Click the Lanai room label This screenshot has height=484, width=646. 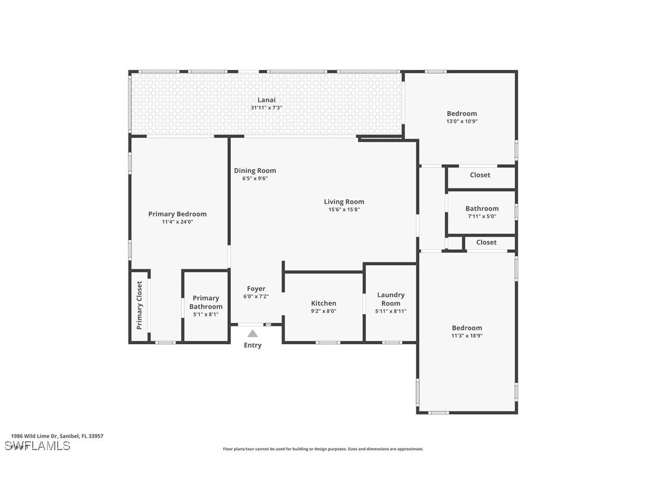[x=266, y=100]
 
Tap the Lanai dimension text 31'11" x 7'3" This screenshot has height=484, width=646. [x=266, y=108]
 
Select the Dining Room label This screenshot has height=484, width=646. [x=255, y=171]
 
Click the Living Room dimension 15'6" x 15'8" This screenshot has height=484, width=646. [x=344, y=209]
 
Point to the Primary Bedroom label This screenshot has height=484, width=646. [x=177, y=214]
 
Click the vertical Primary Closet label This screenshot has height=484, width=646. [x=140, y=305]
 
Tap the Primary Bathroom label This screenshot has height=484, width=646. [x=206, y=302]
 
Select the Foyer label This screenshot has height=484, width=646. [x=256, y=288]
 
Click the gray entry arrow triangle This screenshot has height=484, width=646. [x=253, y=334]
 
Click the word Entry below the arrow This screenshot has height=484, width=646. [x=253, y=345]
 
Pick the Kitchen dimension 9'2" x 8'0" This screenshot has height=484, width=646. [x=324, y=311]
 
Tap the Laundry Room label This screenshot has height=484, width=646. [x=391, y=298]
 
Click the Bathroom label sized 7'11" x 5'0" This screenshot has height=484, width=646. [x=482, y=209]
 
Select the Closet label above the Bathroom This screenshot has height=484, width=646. [x=480, y=175]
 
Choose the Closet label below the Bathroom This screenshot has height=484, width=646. [x=486, y=242]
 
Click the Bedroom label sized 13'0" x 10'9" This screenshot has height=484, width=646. [x=462, y=114]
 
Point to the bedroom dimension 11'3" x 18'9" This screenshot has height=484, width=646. [x=466, y=335]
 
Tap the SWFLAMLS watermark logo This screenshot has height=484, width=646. [x=37, y=445]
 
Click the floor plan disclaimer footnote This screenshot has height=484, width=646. [x=323, y=449]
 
